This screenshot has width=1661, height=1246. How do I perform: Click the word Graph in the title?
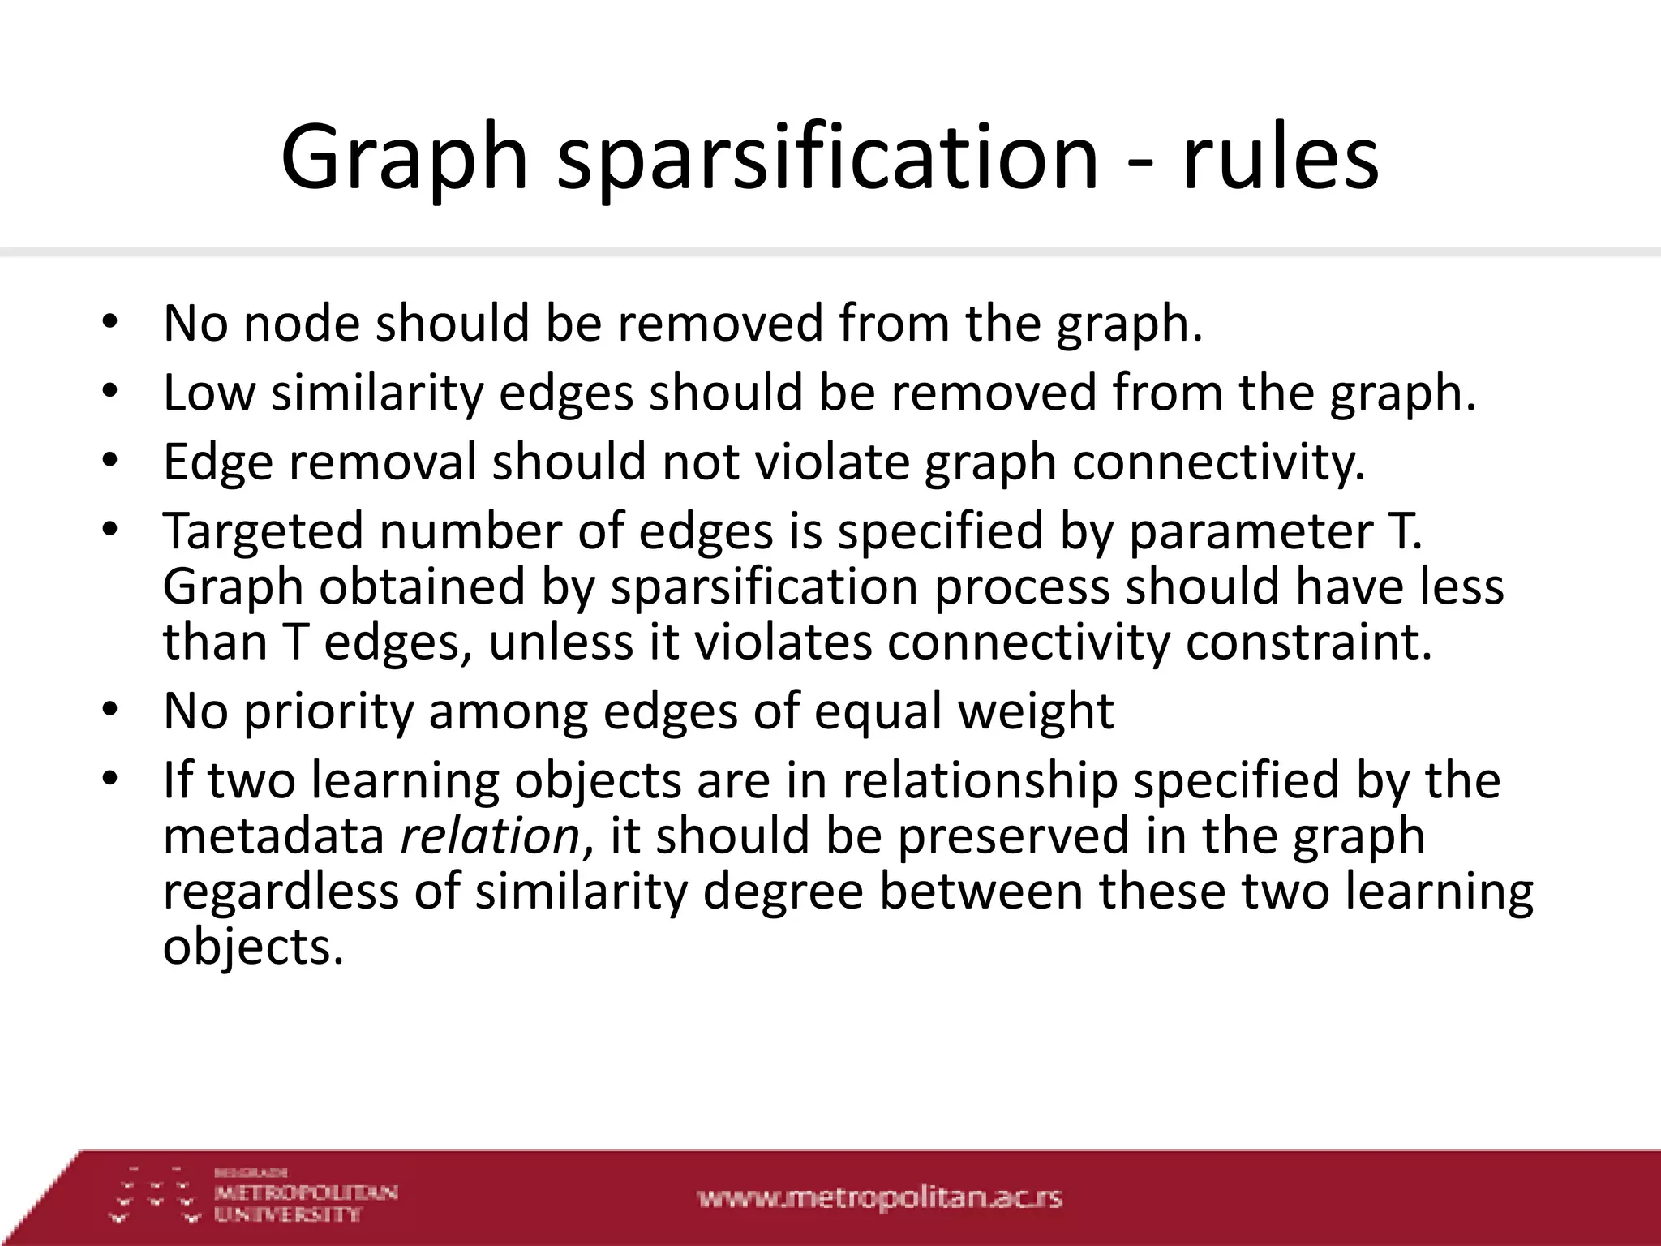[404, 158]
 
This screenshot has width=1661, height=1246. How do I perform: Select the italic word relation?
[491, 836]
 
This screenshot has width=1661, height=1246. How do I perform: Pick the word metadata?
[273, 836]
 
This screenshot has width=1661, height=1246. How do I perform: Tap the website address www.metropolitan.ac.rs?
[879, 1197]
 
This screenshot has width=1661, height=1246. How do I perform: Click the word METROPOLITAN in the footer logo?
[306, 1192]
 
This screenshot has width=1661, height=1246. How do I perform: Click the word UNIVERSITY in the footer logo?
[287, 1214]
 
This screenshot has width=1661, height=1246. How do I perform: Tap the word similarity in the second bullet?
[377, 394]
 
